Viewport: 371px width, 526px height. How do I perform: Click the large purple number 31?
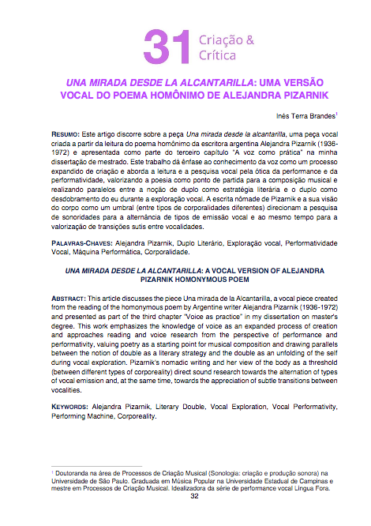pyautogui.click(x=162, y=45)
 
